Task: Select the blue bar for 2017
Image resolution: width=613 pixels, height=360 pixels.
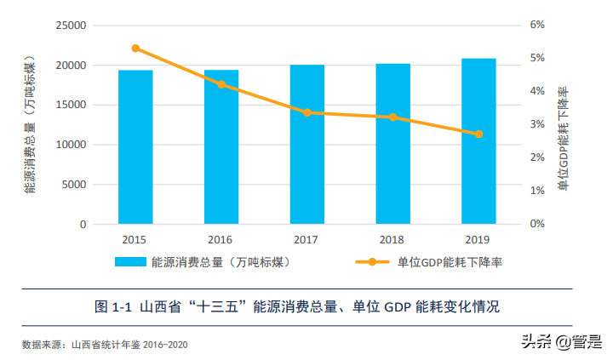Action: (306, 145)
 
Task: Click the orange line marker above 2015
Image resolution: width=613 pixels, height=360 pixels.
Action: (135, 49)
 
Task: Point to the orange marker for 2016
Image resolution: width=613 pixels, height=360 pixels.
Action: (221, 84)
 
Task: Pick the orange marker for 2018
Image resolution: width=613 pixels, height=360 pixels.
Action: (392, 117)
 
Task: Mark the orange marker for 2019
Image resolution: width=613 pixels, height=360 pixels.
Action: (478, 134)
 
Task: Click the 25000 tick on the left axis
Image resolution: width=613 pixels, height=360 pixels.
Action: (72, 26)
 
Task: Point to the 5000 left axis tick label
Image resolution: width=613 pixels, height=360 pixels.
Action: (75, 185)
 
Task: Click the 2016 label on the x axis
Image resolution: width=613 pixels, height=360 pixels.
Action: (221, 241)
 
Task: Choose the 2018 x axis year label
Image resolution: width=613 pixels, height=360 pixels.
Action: (392, 241)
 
